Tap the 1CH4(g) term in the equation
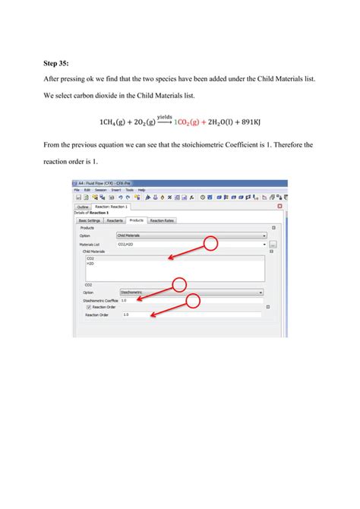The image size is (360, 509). pyautogui.click(x=114, y=122)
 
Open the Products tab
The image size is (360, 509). pyautogui.click(x=136, y=220)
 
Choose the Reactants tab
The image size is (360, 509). pyautogui.click(x=115, y=220)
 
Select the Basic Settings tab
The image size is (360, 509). pyautogui.click(x=90, y=220)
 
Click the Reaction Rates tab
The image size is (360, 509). pyautogui.click(x=161, y=220)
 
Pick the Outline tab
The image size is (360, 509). pyautogui.click(x=83, y=207)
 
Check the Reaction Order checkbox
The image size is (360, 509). pyautogui.click(x=89, y=307)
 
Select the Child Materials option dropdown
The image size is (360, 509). pyautogui.click(x=190, y=236)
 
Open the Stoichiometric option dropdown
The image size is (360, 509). pyautogui.click(x=190, y=292)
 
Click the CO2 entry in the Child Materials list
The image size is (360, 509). pyautogui.click(x=90, y=259)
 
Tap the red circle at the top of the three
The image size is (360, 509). pyautogui.click(x=210, y=243)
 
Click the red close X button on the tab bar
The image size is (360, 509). pyautogui.click(x=279, y=206)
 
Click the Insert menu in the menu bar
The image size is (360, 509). pyautogui.click(x=116, y=189)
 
